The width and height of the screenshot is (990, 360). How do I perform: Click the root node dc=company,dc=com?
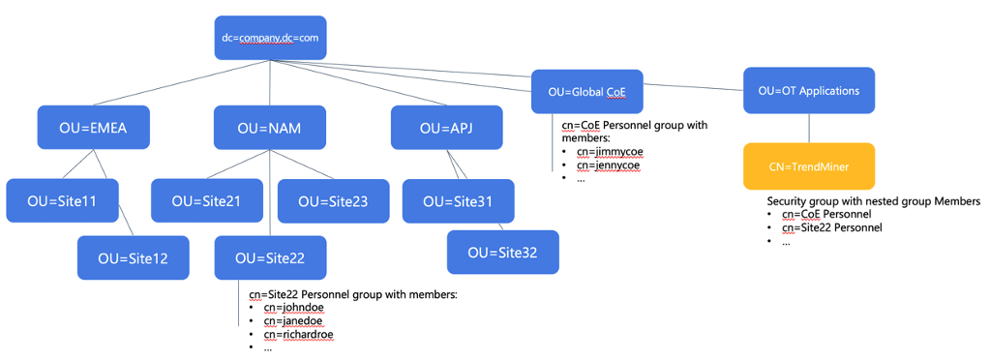[270, 39]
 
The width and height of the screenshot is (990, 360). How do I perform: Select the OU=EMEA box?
[94, 128]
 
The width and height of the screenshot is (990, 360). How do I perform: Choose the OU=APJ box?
[447, 128]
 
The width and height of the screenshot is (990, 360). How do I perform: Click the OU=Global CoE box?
[587, 92]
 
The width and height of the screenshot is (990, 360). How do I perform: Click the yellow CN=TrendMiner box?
[809, 166]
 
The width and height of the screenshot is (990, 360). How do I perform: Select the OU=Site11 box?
[62, 201]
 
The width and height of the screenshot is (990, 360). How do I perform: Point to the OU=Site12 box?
[134, 257]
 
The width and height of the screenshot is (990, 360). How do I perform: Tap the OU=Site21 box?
[206, 201]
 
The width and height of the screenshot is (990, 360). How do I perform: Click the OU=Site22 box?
[270, 257]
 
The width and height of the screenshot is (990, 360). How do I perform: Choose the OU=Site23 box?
[334, 201]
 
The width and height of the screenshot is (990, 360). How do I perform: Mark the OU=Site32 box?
[502, 252]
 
